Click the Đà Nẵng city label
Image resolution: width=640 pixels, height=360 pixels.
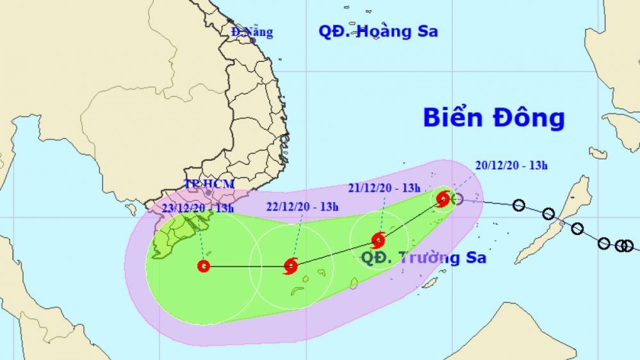pyautogui.click(x=252, y=31)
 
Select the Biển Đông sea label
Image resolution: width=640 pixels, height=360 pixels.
pyautogui.click(x=493, y=119)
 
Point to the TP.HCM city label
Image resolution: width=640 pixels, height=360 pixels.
pyautogui.click(x=209, y=184)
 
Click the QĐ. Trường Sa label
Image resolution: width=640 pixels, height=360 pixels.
pyautogui.click(x=423, y=258)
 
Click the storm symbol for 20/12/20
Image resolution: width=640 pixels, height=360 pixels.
pyautogui.click(x=443, y=199)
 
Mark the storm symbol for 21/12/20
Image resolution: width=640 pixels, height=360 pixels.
pyautogui.click(x=379, y=241)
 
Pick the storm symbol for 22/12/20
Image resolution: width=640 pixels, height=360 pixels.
pyautogui.click(x=291, y=266)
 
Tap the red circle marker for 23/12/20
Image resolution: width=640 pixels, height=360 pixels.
pyautogui.click(x=204, y=266)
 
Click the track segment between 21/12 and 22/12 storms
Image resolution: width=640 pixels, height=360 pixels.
pyautogui.click(x=334, y=254)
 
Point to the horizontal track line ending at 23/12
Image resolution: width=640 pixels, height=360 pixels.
pyautogui.click(x=247, y=266)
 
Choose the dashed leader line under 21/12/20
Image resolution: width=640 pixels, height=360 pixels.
pyautogui.click(x=382, y=215)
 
